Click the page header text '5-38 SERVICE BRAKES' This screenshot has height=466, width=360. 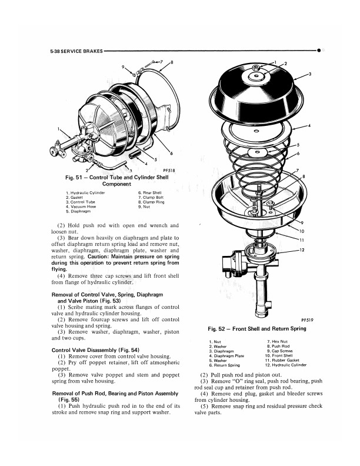76,51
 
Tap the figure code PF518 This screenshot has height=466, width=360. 169,171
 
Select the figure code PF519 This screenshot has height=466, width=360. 307,320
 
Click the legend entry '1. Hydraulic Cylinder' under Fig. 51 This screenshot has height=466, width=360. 85,192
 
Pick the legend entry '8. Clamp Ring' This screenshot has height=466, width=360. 151,202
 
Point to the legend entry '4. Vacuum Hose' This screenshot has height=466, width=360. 81,207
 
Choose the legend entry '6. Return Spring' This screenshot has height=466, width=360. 224,365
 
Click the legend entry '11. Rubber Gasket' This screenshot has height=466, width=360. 282,360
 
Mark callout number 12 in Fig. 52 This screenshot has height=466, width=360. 302,250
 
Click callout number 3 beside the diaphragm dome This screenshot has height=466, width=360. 310,74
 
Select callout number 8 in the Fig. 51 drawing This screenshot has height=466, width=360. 172,62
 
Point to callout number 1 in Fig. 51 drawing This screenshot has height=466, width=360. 59,129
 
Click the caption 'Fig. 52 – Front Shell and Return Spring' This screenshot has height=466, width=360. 257,329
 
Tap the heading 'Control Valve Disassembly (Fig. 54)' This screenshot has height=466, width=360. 95,350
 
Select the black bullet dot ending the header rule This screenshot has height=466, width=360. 319,51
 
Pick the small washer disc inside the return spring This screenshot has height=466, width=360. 257,153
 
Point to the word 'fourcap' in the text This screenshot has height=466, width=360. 101,319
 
